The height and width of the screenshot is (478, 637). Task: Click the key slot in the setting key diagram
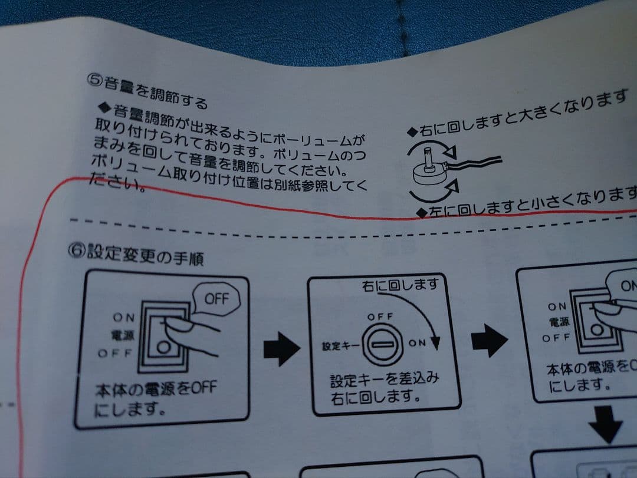point(383,344)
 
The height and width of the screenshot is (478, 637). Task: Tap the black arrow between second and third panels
point(489,340)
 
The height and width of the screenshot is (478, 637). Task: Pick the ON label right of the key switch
point(416,344)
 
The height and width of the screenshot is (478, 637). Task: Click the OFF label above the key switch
point(380,317)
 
